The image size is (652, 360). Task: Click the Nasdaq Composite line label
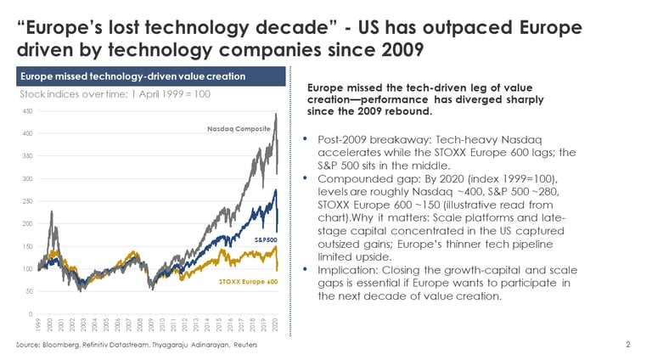(239, 129)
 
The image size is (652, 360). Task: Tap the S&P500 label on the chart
(266, 240)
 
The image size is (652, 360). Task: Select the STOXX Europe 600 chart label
(249, 281)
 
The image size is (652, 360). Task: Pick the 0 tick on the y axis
(31, 314)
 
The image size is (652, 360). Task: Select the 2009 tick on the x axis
(151, 326)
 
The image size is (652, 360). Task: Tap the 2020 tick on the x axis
(276, 326)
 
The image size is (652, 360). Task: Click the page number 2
(627, 345)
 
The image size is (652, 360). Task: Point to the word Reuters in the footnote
(244, 346)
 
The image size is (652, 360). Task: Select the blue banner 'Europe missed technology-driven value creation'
(151, 76)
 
